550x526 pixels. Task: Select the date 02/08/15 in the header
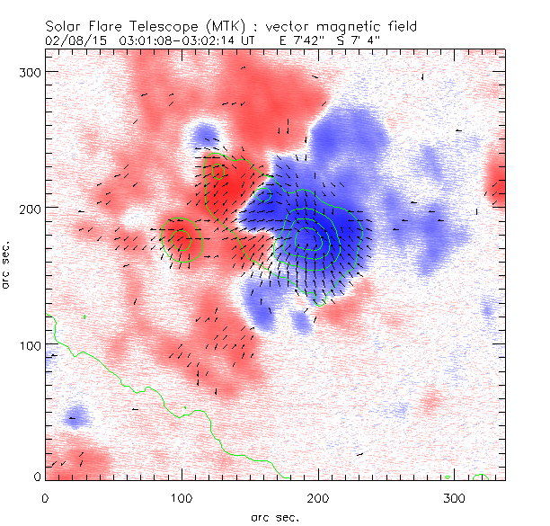(74, 40)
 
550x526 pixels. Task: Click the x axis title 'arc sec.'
(275, 517)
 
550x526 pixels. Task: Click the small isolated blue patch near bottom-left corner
(76, 416)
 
